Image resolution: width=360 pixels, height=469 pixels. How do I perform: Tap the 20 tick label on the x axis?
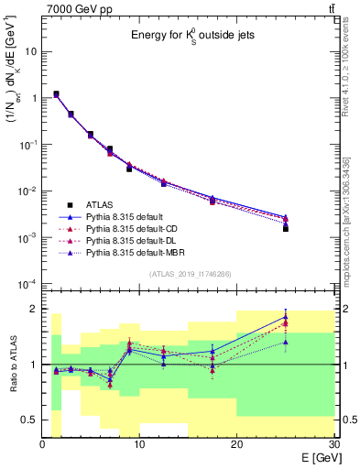pyautogui.click(x=236, y=444)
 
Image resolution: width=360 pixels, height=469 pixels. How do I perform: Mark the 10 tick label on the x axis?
pyautogui.click(x=139, y=444)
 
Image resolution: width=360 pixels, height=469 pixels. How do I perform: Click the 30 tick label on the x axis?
pyautogui.click(x=333, y=444)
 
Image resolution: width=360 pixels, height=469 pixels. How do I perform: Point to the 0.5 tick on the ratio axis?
pyautogui.click(x=29, y=420)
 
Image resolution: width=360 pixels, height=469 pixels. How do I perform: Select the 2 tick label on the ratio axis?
pyautogui.click(x=34, y=309)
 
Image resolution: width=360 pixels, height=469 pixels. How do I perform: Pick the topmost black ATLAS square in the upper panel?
pyautogui.click(x=56, y=93)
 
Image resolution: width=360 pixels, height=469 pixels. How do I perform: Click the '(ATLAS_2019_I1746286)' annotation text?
pyautogui.click(x=188, y=274)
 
